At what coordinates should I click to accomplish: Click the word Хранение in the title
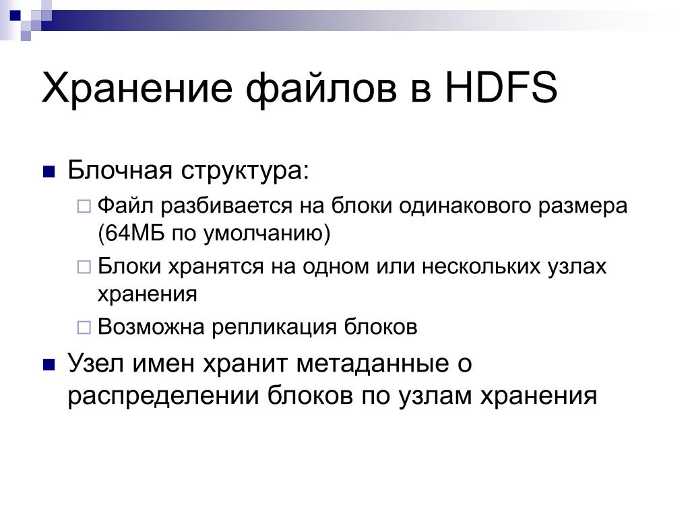(137, 88)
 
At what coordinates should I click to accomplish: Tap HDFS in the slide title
(501, 88)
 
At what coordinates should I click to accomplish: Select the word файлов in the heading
(321, 88)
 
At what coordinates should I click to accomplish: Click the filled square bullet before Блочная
(49, 172)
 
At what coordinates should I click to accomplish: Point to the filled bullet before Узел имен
(49, 365)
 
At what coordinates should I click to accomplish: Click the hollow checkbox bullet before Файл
(84, 206)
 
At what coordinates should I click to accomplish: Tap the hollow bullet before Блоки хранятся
(84, 267)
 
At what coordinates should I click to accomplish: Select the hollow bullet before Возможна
(84, 328)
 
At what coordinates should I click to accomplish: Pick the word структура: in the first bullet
(245, 170)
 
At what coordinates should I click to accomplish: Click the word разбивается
(226, 206)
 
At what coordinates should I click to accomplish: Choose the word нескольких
(481, 267)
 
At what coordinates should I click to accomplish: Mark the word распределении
(163, 396)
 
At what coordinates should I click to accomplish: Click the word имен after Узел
(163, 364)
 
